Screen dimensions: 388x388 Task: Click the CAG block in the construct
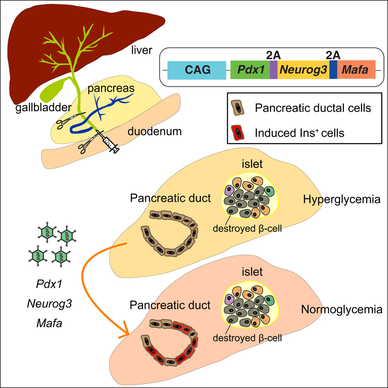point(197,70)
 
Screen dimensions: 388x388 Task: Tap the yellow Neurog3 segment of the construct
point(303,70)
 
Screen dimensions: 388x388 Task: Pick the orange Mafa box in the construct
point(356,70)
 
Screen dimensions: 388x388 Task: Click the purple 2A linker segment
point(273,70)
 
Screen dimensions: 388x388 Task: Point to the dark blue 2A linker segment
point(333,70)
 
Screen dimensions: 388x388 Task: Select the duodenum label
point(155,131)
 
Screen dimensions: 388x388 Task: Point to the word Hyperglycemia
point(341,200)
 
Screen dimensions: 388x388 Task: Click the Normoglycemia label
point(341,310)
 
